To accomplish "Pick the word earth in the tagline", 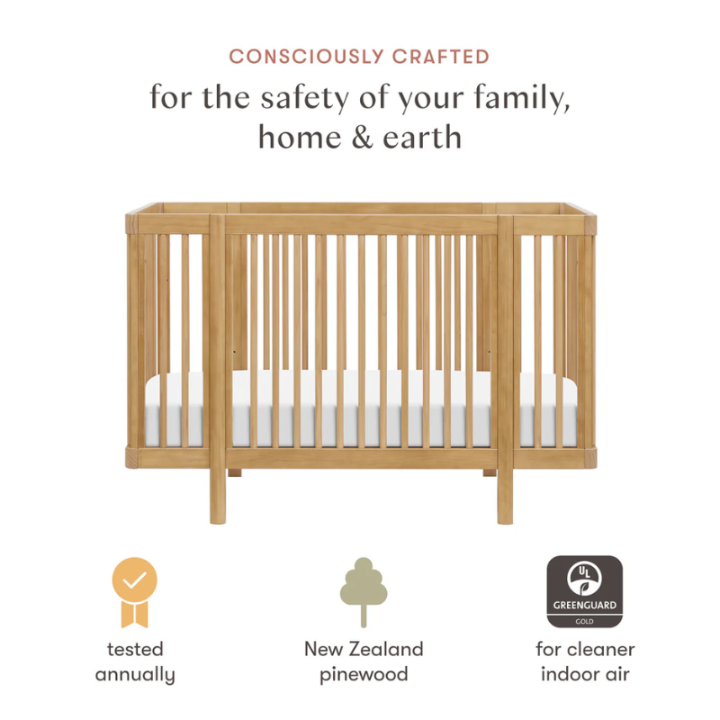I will click(418, 137).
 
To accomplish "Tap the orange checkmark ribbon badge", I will click(134, 590).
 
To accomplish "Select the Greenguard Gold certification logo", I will click(585, 590).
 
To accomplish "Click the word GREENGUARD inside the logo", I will click(585, 606).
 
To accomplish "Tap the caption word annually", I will click(135, 675).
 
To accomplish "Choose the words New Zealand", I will click(363, 649).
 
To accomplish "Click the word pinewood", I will click(363, 675).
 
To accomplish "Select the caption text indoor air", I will click(586, 675).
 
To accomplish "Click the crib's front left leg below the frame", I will click(219, 495).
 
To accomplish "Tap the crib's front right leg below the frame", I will click(505, 495).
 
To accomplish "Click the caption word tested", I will click(135, 649).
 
